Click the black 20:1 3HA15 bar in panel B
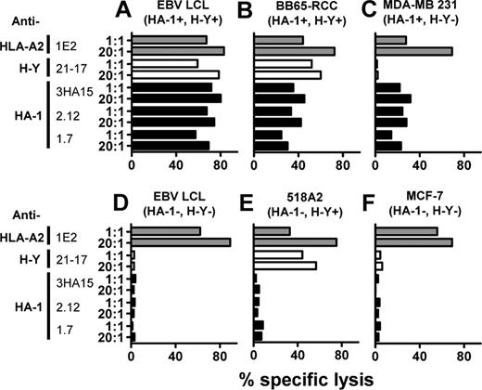tap(278, 97)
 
